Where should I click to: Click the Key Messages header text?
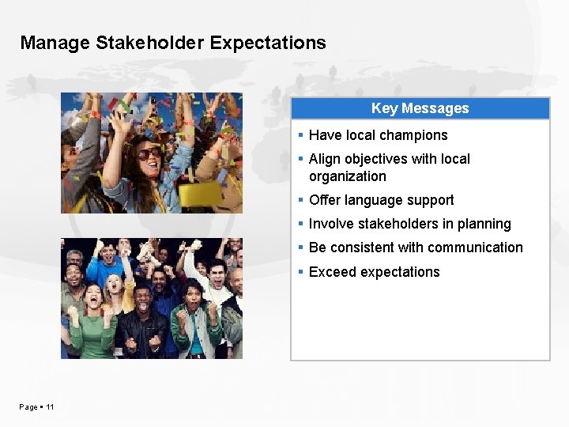click(420, 108)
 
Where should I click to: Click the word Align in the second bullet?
click(324, 159)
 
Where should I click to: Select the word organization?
click(348, 176)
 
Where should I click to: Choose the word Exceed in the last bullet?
click(332, 272)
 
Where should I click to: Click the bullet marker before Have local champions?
click(301, 135)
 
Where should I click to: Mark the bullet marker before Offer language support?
click(301, 200)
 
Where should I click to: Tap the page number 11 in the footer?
click(50, 406)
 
